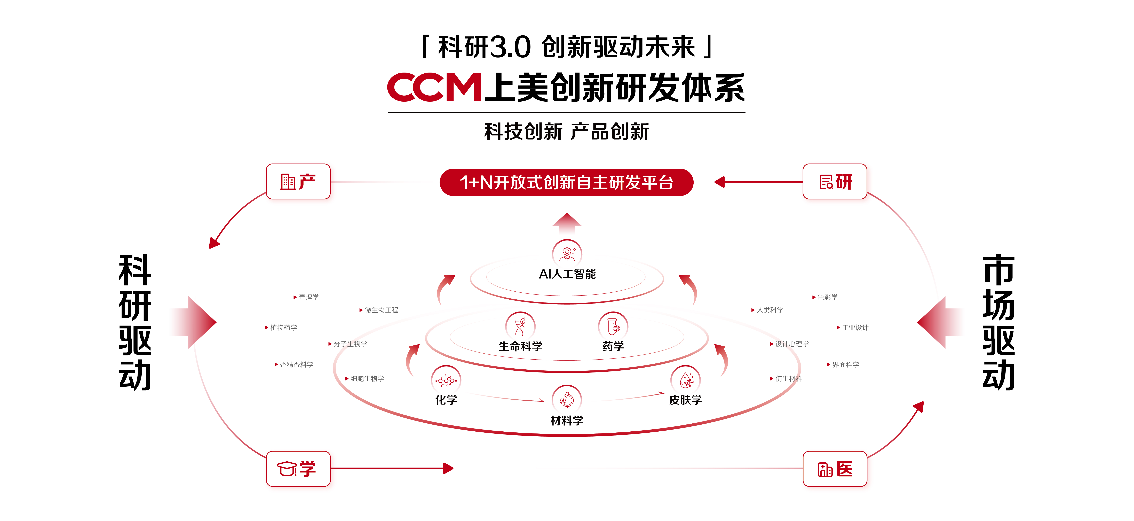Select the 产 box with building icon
pyautogui.click(x=298, y=181)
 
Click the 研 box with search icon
pyautogui.click(x=835, y=181)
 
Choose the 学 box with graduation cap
pyautogui.click(x=298, y=469)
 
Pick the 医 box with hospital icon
pyautogui.click(x=835, y=469)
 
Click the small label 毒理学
pyautogui.click(x=308, y=297)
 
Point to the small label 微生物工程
pyautogui.click(x=381, y=310)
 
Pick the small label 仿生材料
pyautogui.click(x=788, y=379)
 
